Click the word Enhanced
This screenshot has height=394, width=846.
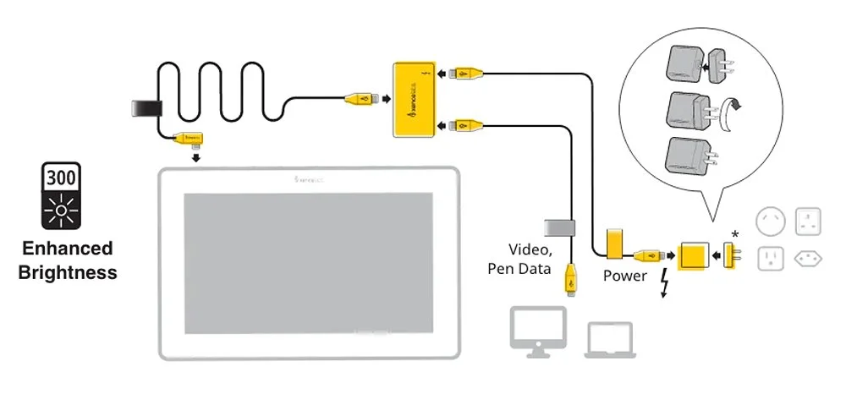67,249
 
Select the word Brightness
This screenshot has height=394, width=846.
67,272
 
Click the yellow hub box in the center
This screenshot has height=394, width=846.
414,98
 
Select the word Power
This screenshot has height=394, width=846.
624,276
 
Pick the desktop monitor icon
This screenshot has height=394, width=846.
538,329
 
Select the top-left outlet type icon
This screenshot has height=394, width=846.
772,221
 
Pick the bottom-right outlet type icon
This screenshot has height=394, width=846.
809,257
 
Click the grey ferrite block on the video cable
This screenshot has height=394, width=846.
558,227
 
